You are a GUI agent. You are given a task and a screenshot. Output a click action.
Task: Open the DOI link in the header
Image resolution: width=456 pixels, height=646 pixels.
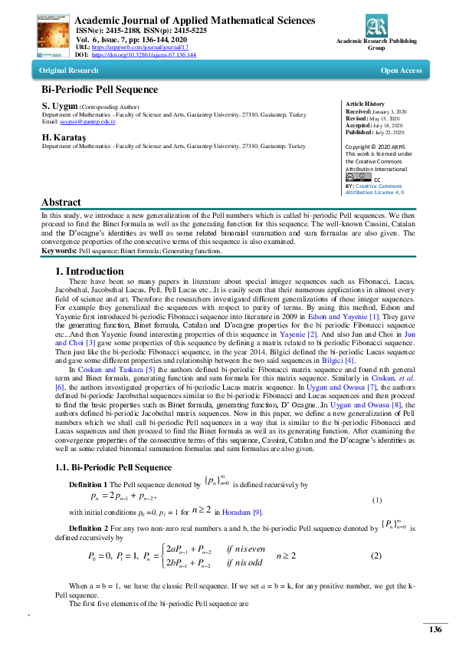click(x=144, y=55)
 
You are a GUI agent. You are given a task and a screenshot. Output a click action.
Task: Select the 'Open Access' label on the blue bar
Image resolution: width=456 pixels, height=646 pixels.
click(x=401, y=71)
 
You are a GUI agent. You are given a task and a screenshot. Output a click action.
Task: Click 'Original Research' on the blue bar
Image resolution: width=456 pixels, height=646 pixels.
click(x=65, y=71)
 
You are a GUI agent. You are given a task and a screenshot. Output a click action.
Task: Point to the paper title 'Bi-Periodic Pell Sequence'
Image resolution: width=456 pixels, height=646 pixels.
click(x=100, y=90)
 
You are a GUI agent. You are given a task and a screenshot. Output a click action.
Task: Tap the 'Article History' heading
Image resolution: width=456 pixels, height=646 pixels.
click(x=366, y=104)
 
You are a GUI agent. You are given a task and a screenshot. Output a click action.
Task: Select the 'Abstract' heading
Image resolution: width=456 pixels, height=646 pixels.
click(x=63, y=203)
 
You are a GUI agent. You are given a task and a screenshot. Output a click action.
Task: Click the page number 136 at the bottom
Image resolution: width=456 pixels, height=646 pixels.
click(x=435, y=630)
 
